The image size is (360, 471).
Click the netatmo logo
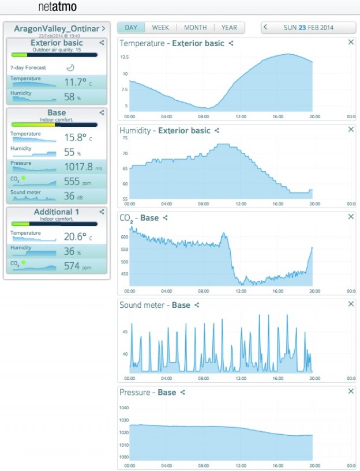(x=57, y=7)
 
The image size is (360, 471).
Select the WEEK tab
(x=160, y=28)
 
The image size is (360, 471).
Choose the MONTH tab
(x=195, y=28)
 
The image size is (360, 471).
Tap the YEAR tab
(x=229, y=28)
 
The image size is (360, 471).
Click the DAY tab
(x=131, y=28)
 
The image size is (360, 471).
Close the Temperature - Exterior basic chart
(x=351, y=43)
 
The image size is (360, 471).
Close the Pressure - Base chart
(x=351, y=392)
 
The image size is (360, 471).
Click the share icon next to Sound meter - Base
(x=197, y=305)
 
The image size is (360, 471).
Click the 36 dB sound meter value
(x=69, y=196)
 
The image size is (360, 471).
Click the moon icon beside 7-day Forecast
(x=70, y=67)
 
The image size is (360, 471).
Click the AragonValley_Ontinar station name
(x=56, y=28)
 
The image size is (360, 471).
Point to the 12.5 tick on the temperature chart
(x=124, y=58)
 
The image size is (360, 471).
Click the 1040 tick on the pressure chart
(x=124, y=408)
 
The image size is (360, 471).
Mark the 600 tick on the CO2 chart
(x=124, y=237)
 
